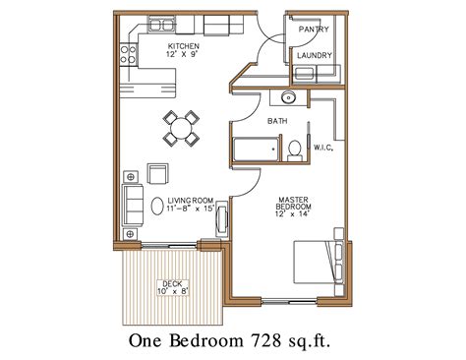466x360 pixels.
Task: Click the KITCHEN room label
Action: click(184, 47)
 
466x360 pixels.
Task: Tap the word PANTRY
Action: click(314, 30)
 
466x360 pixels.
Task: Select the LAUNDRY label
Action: click(314, 56)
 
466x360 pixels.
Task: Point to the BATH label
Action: click(277, 121)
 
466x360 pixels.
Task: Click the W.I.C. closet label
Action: click(325, 148)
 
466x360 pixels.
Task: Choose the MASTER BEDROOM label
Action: click(293, 203)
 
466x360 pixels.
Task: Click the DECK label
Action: click(172, 282)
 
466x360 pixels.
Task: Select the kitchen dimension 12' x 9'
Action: click(184, 57)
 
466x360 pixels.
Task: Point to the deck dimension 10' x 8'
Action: click(172, 292)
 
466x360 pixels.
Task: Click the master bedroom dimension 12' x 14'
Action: click(293, 214)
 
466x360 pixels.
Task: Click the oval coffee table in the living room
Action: click(157, 207)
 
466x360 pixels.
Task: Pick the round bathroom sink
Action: click(286, 97)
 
